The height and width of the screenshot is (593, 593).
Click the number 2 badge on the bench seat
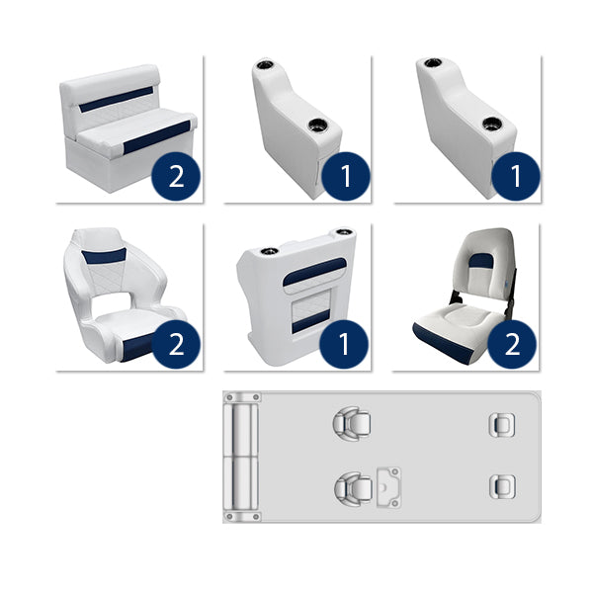pos(177,177)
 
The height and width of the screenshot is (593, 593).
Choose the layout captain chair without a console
pos(349,425)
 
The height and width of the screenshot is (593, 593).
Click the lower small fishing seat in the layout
pos(501,485)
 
